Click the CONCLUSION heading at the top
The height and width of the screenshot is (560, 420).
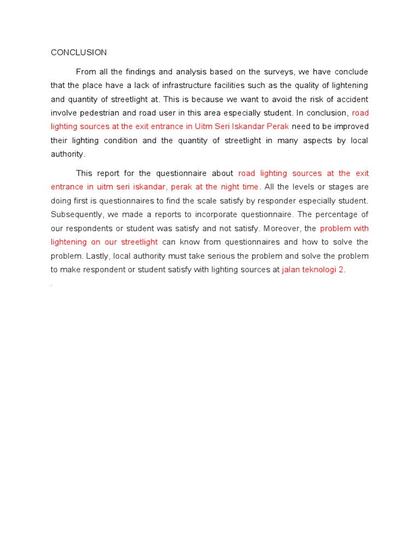click(79, 52)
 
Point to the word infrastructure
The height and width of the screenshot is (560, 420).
click(166, 85)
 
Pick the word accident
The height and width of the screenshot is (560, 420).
click(351, 99)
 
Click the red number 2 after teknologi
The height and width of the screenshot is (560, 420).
click(341, 270)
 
